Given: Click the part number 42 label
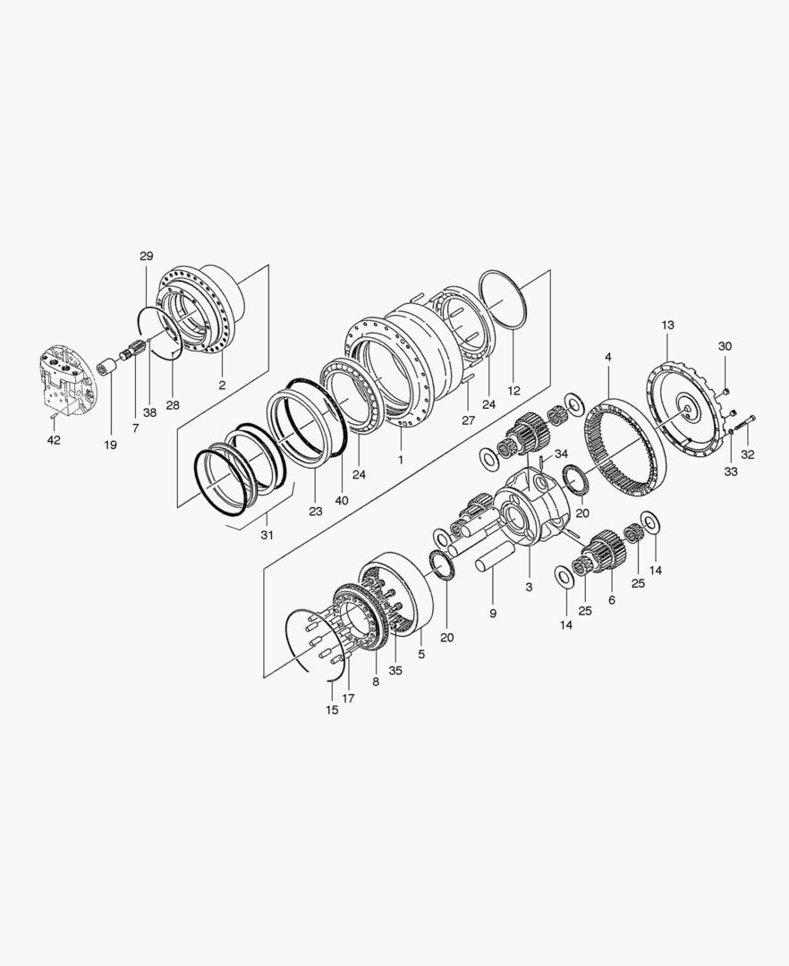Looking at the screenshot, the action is tap(55, 440).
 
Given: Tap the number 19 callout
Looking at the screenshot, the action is tap(110, 445).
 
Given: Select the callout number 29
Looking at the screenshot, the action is tap(146, 257).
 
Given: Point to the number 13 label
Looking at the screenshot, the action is tap(667, 325).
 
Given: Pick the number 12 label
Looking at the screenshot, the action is tap(513, 391).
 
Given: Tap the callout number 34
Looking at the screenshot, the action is tap(561, 454).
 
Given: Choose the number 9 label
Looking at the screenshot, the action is tap(493, 614).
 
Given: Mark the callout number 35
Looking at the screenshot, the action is tap(395, 670).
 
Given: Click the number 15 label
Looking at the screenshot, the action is tap(331, 710).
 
